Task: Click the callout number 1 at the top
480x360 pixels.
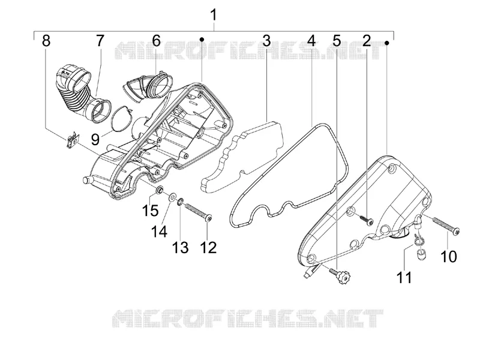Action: (x=214, y=15)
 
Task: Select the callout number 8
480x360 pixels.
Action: (x=46, y=41)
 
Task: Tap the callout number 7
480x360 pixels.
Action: (x=100, y=41)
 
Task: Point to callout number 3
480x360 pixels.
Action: (x=266, y=41)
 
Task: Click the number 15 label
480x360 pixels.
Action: (x=150, y=211)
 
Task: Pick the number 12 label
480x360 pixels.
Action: (x=208, y=247)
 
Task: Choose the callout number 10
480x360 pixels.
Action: (x=448, y=256)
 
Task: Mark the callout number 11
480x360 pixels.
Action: (x=404, y=278)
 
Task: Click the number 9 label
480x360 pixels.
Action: (x=95, y=140)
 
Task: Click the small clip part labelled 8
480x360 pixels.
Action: (x=72, y=139)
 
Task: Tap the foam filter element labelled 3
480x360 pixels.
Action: (x=242, y=158)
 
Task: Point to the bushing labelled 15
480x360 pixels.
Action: (x=160, y=190)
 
